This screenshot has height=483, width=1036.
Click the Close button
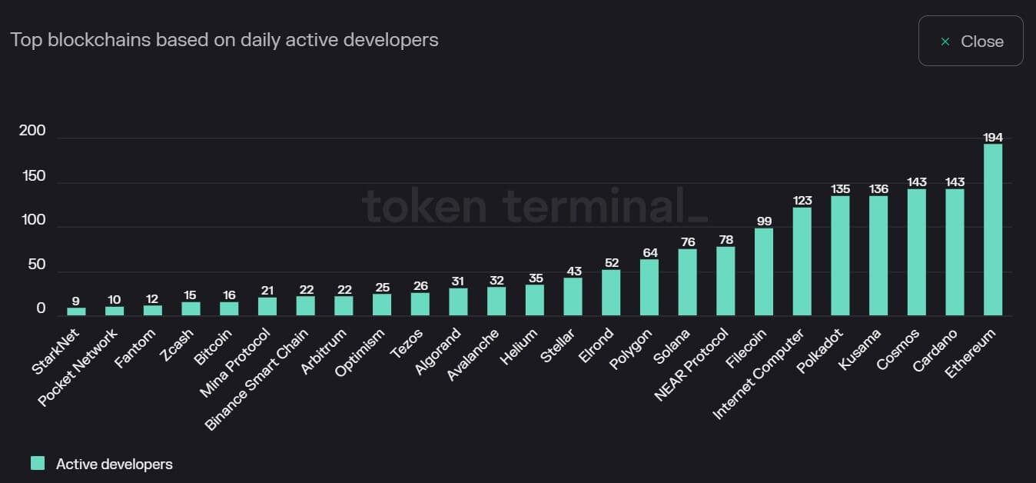971,42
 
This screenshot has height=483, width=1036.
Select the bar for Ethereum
993,230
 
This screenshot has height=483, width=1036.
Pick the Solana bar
687,282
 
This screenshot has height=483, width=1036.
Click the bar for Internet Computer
802,261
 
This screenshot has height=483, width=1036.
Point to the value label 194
993,138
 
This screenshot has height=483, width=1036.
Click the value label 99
764,222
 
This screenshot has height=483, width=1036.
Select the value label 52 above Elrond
611,263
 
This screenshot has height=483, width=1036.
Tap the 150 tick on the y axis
32,176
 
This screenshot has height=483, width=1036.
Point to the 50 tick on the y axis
35,265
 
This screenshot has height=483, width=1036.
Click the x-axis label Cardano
936,350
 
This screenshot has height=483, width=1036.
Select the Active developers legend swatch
38,463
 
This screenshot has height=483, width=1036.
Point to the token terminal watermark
534,206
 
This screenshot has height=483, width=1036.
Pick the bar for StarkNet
76,311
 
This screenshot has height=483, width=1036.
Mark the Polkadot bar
840,256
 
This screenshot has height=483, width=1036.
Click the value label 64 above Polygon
649,253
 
